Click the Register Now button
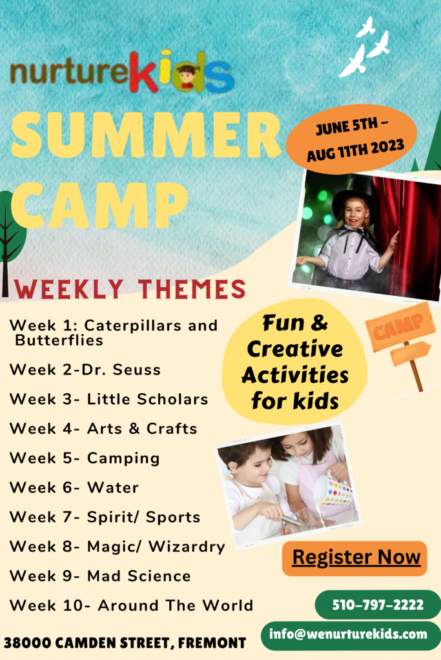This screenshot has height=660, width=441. click(x=354, y=558)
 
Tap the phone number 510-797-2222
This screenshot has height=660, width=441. click(x=378, y=605)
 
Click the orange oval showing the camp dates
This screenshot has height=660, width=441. click(x=352, y=139)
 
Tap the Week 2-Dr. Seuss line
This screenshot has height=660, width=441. click(x=85, y=369)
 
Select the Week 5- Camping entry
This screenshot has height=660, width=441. click(x=85, y=458)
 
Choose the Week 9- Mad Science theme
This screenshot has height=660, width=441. click(x=100, y=576)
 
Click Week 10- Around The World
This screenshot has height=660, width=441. click(x=132, y=605)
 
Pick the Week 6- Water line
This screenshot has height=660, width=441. click(x=74, y=487)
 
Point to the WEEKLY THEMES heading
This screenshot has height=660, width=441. click(x=130, y=289)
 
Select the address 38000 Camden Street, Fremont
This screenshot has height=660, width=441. click(x=125, y=643)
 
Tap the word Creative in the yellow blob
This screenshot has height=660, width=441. click(x=295, y=349)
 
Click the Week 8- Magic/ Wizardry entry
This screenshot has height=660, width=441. click(x=118, y=547)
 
